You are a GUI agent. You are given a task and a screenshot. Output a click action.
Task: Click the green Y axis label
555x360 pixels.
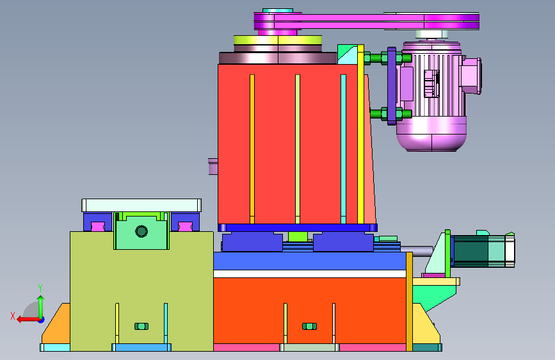(40, 288)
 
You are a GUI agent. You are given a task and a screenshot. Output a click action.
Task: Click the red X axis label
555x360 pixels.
(13, 316)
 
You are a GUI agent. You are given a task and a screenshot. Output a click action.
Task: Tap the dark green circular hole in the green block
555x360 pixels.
(141, 231)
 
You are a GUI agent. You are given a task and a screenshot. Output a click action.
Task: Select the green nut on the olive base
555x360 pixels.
(141, 326)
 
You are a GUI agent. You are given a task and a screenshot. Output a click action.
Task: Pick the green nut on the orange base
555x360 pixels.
(309, 326)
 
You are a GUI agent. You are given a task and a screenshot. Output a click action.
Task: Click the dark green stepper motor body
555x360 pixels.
(471, 251)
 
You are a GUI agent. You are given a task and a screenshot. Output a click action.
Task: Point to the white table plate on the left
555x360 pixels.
(141, 206)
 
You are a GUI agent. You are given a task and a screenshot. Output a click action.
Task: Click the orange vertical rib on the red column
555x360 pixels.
(252, 149)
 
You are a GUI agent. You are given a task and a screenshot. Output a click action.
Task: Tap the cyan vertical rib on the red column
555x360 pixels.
(343, 149)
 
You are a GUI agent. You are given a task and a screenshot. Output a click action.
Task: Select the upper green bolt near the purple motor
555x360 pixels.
(387, 58)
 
